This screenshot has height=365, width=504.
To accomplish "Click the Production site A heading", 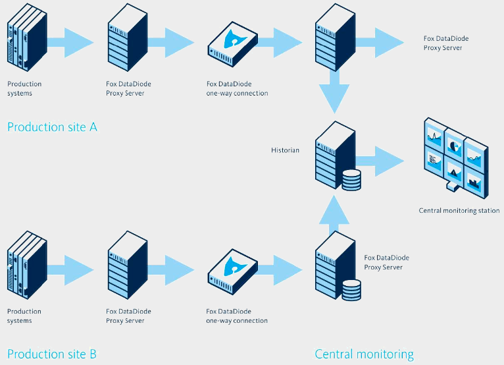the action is tap(52, 127).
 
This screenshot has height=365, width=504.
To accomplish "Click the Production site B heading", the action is tap(52, 354).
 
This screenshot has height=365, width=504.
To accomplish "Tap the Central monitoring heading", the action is tap(364, 354).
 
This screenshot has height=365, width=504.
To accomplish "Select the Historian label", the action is tap(285, 150).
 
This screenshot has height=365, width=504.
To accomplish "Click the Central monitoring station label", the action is tap(459, 211).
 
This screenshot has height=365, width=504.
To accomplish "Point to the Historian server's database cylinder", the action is tap(351, 180).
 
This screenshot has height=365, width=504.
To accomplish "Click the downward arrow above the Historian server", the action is tap(334, 91).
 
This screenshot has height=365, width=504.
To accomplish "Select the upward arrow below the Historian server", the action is tap(334, 215).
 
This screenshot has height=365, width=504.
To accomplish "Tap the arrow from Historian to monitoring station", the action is tap(380, 161).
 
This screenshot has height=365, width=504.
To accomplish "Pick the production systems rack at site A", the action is tap(28, 38).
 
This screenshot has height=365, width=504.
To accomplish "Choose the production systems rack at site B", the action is tap(28, 265).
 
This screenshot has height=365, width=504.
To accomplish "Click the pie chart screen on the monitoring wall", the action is tap(454, 146).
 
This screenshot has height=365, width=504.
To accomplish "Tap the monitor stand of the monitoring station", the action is tap(451, 186).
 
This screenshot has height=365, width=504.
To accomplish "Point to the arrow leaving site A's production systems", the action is tap(70, 42).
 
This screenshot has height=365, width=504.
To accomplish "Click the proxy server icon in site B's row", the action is tap(128, 265).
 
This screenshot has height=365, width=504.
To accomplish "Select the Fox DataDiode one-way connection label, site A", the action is tap(238, 88).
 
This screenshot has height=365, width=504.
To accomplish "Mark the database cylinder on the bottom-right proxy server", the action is tap(351, 291).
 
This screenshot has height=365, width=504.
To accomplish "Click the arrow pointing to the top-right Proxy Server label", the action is tap(380, 42).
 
